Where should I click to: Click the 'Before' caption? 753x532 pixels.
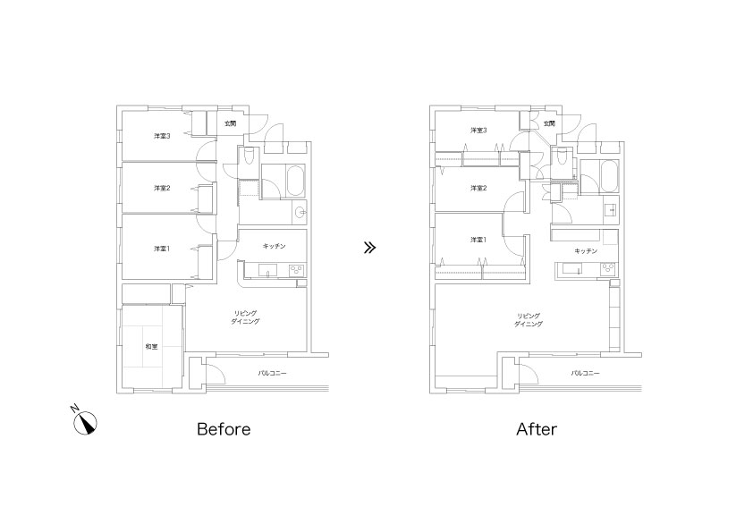224,429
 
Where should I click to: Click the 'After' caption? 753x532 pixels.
537,429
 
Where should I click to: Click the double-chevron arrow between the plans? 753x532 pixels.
369,248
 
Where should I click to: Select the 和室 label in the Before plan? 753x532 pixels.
151,346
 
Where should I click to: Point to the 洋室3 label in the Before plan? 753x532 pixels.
162,136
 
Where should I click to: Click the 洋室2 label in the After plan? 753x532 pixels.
478,188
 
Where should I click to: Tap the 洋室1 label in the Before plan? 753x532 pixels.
162,249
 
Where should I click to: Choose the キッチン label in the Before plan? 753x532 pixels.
275,246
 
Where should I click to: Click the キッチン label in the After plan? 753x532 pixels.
586,251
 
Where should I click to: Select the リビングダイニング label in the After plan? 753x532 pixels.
529,320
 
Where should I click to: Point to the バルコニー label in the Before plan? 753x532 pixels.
272,373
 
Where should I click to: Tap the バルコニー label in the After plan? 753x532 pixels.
586,373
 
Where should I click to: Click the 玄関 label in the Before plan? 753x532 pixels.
230,123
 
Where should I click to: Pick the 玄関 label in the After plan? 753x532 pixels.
549,123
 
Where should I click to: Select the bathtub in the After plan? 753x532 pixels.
608,176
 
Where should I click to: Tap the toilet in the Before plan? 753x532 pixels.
250,157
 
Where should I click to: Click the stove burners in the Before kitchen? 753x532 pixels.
297,271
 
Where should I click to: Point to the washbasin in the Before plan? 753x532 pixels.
300,211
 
